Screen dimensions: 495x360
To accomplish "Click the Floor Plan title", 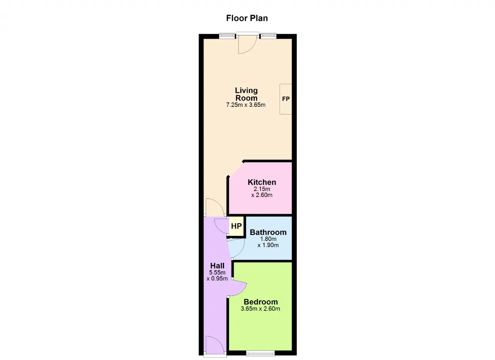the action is point(247,18).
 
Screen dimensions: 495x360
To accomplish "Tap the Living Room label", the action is point(246,94).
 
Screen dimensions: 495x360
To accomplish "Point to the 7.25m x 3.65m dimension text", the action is point(246,105).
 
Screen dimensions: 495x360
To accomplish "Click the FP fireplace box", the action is point(286,99).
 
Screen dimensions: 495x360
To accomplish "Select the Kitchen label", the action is point(262,182).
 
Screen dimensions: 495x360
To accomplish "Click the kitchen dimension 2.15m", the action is point(262,189).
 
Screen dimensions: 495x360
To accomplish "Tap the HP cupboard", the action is point(236,226).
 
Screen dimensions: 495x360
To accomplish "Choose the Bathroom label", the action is point(268,232).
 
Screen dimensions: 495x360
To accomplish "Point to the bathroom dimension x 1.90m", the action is point(268,245).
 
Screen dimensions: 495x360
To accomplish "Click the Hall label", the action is point(217,266).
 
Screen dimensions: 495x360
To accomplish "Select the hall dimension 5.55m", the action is point(217,273).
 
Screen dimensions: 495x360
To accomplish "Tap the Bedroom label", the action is point(261,302).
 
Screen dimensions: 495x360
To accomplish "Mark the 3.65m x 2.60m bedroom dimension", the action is point(260,309).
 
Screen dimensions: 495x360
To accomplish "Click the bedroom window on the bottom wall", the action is point(261,353).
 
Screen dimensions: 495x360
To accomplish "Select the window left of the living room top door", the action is point(227,36).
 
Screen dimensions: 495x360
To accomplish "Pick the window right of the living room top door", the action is point(268,36).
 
